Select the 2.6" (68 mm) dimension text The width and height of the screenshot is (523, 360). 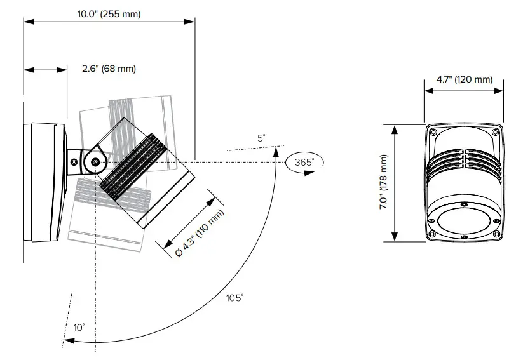(109, 69)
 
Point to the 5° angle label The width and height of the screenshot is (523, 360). (261, 138)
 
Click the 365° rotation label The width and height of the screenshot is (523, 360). (304, 163)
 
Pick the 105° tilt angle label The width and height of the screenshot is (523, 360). (234, 298)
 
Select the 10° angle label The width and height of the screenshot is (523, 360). (79, 328)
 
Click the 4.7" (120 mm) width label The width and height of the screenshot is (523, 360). (465, 79)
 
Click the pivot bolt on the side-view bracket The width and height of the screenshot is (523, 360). (95, 162)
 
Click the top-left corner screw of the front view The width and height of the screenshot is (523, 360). (433, 132)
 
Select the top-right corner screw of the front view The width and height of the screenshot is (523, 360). (494, 132)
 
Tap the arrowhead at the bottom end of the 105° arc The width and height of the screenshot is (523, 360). (67, 341)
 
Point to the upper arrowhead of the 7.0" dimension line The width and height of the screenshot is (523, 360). (395, 128)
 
